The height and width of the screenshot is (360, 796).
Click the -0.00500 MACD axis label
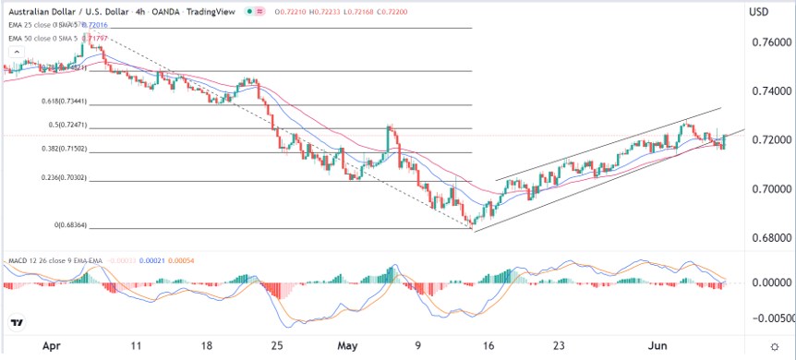pyautogui.click(x=768, y=318)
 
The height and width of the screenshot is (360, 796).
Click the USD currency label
pyautogui.click(x=760, y=11)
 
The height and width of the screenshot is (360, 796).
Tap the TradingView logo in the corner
pyautogui.click(x=17, y=322)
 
